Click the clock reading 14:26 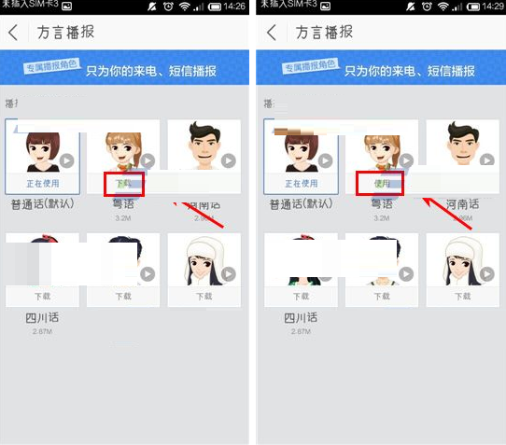point(233,7)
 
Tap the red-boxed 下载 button point(123,184)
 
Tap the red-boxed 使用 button point(381,184)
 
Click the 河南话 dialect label point(463,202)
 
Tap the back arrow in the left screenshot point(14,33)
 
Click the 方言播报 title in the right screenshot point(325,33)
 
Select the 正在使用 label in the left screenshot point(40,184)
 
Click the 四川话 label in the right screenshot point(301,317)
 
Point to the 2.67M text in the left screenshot point(42,331)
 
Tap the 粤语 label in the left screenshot point(122,202)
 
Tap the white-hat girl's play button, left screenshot point(225,274)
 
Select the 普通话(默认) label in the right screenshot point(301,202)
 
